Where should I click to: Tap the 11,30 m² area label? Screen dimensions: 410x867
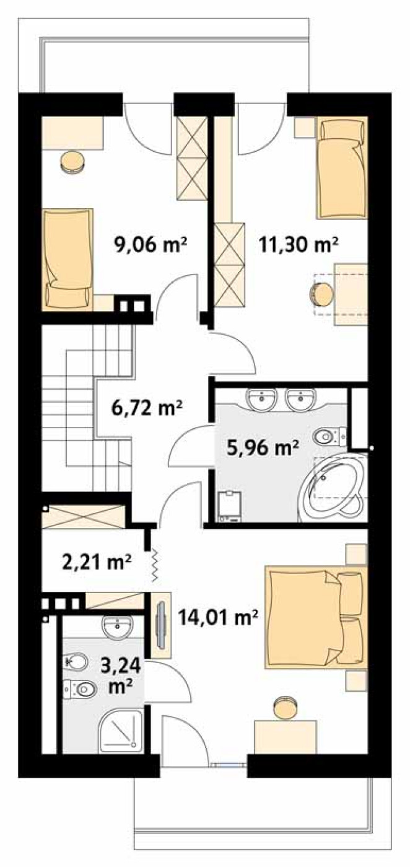299,245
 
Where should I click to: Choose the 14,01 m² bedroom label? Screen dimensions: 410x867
218,618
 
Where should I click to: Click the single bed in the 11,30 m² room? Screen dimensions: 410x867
341,169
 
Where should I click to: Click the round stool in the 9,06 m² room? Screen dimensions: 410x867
72,161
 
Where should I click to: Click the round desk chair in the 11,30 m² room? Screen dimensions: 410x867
322,294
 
